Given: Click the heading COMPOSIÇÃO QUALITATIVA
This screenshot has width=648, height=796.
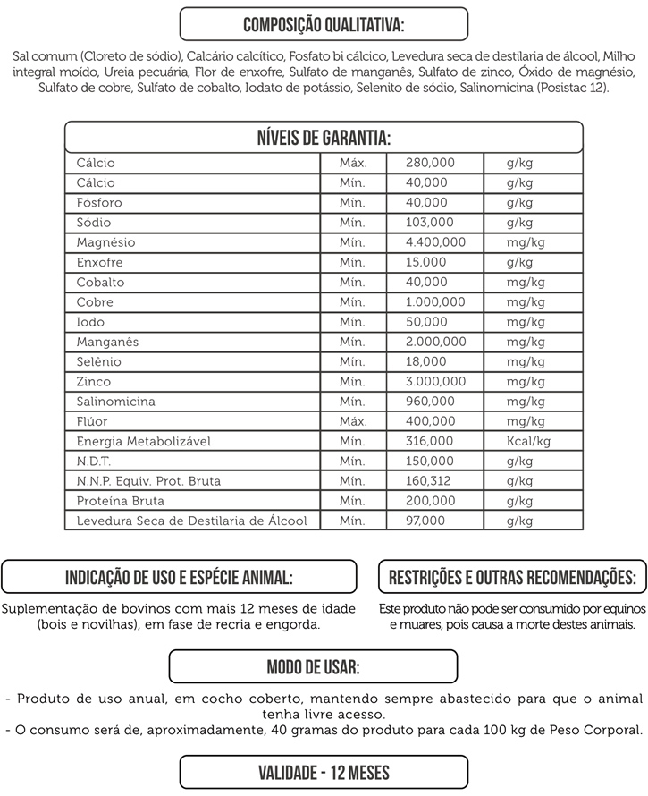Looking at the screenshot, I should [x=324, y=23].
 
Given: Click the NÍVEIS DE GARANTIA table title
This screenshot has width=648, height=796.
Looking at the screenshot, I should [x=324, y=138].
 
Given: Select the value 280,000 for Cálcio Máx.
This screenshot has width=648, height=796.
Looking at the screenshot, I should [x=430, y=164].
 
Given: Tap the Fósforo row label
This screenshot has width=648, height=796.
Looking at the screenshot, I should [x=99, y=203].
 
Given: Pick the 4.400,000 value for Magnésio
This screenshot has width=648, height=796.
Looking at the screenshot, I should [x=435, y=242].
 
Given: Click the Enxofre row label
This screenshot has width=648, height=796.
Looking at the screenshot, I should [x=99, y=263].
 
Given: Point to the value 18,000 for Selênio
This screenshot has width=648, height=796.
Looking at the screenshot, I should [x=425, y=362].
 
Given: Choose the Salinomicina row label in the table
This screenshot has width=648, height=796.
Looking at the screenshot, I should [x=115, y=402].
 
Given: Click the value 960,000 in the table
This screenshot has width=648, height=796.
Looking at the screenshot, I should [x=430, y=402].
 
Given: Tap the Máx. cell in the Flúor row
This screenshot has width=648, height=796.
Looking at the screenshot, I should [x=353, y=421].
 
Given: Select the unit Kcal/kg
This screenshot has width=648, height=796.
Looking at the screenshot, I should [x=528, y=441].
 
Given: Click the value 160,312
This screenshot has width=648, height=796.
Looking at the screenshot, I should [x=429, y=481].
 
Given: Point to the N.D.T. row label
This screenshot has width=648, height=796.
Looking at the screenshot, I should [x=96, y=462].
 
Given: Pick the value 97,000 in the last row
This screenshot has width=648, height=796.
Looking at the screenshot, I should [x=425, y=521].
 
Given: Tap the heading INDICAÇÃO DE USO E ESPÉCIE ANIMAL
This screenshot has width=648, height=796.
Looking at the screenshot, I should [x=179, y=577].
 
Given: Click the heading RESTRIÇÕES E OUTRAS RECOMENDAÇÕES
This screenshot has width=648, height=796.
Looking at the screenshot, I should [x=512, y=577].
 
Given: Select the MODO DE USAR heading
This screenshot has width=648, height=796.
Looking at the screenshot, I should [x=313, y=667].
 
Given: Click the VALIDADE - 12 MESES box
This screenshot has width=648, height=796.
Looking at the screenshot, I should [x=324, y=772].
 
